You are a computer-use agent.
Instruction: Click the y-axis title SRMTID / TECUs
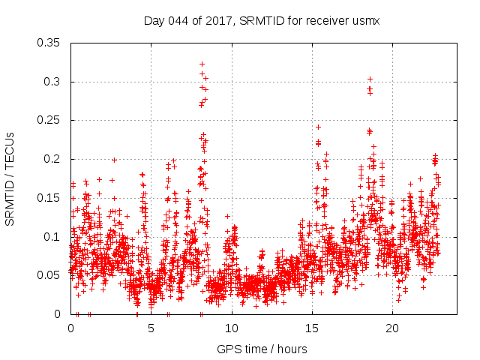10,178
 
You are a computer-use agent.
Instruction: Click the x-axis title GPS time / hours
262,349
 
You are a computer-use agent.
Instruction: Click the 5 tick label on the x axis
151,328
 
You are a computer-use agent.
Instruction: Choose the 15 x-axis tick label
311,328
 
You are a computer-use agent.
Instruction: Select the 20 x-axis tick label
391,328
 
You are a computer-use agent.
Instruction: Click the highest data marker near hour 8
202,64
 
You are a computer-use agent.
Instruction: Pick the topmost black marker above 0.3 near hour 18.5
370,79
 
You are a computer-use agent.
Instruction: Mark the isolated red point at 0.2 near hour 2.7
114,160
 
